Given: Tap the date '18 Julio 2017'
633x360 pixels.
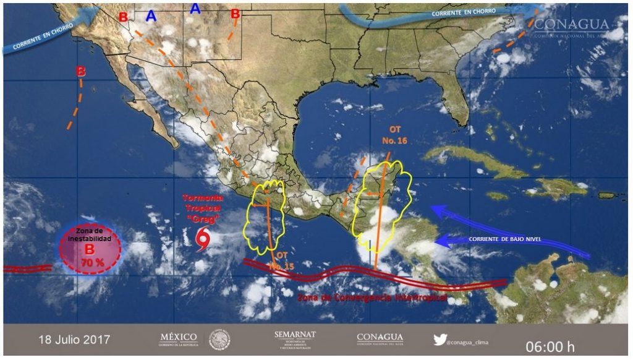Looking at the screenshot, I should click(x=74, y=340).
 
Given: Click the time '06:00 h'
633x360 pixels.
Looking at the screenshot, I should click(x=550, y=345).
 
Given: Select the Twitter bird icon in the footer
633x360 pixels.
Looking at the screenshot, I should click(x=440, y=340).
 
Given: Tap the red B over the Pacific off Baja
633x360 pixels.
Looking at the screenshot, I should click(x=80, y=72).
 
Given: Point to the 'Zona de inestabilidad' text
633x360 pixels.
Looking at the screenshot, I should click(x=90, y=234).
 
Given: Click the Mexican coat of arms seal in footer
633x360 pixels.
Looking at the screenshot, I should click(x=219, y=339).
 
